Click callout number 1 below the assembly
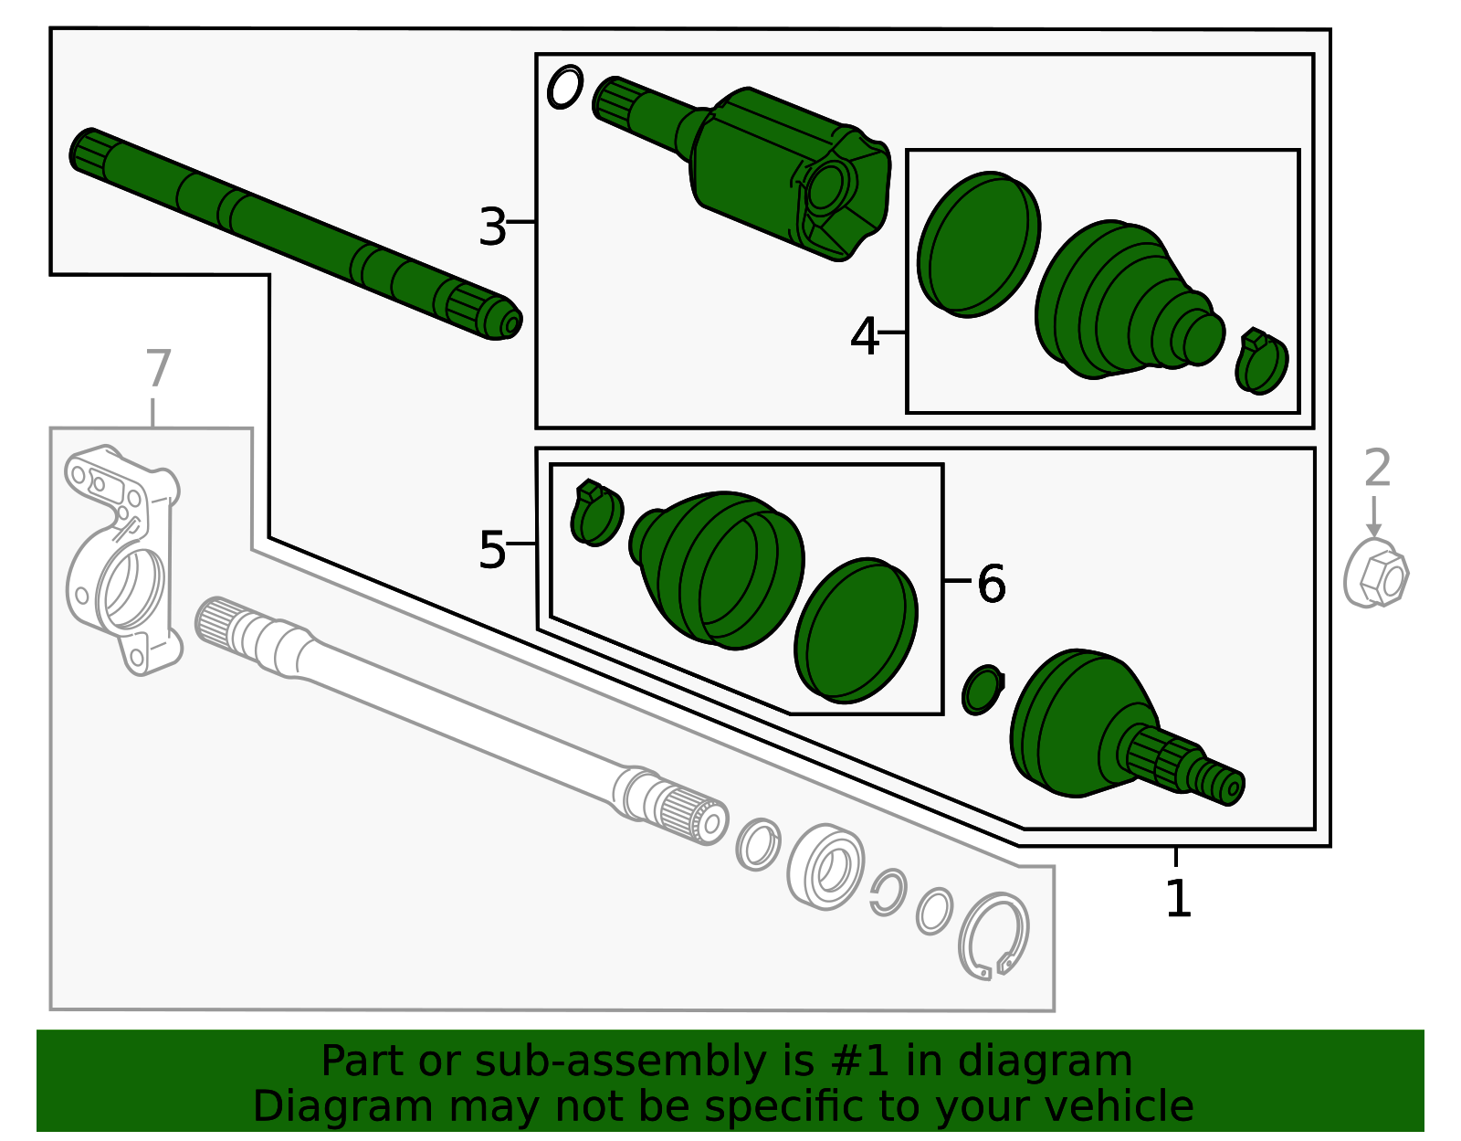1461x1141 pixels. point(1178,899)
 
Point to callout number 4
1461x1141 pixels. point(864,336)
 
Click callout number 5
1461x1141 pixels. point(492,550)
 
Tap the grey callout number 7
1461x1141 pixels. point(158,368)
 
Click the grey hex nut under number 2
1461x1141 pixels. point(1377,574)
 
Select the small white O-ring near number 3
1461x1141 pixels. point(564,88)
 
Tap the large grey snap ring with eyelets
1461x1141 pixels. point(993,936)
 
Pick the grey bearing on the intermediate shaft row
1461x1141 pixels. point(826,867)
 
